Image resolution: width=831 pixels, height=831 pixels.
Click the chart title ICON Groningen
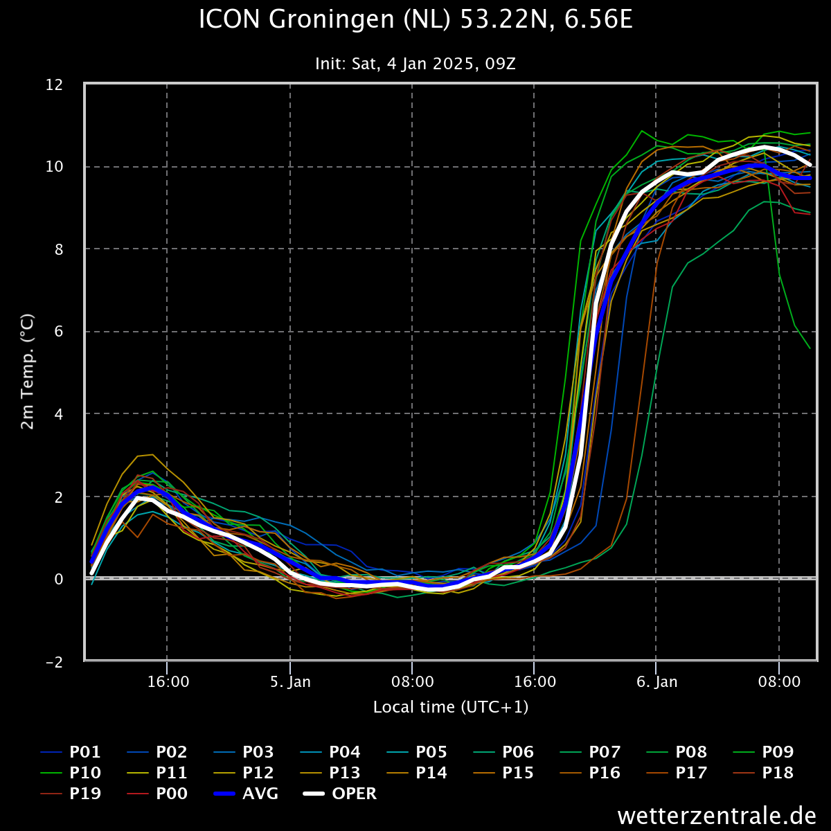point(415,20)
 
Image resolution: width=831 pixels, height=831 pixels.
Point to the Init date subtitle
point(415,64)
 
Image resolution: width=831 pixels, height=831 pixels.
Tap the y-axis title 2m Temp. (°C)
point(28,371)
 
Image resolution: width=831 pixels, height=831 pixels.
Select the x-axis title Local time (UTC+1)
point(451,707)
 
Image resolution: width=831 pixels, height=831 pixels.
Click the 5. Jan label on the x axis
point(290,682)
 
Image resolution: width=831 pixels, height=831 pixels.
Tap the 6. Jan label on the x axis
point(656,682)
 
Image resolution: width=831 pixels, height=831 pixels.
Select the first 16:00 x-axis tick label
point(168,682)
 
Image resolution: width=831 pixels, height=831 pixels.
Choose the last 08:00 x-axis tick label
point(779,682)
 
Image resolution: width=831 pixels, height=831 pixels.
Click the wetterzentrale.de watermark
point(717,815)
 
